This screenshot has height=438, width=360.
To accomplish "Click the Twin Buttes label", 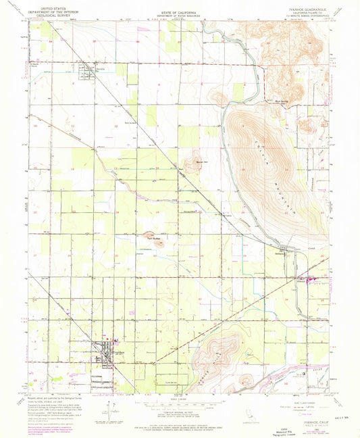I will pos(153,237).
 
